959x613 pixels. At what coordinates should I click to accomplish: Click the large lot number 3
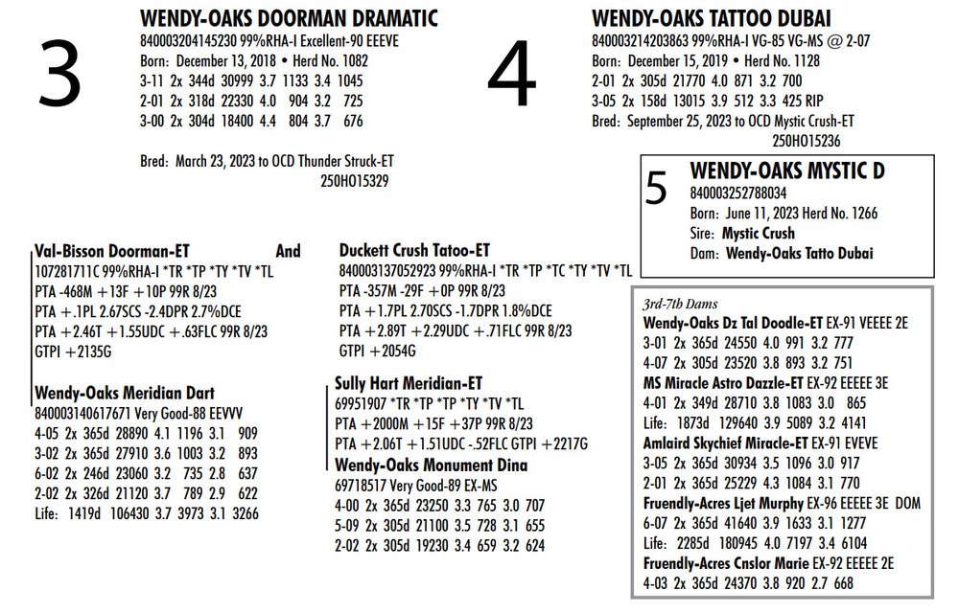(59, 77)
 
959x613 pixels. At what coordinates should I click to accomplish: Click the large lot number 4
(513, 77)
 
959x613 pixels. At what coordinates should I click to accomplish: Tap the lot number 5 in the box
(657, 191)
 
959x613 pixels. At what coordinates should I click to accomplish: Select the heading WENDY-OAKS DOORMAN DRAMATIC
(289, 18)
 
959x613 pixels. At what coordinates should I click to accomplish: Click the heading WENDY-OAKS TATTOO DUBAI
(711, 18)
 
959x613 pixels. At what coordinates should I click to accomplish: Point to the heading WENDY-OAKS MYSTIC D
(787, 171)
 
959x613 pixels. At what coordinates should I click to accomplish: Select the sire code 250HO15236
(806, 140)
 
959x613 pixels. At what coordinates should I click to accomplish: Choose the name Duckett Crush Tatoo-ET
(414, 250)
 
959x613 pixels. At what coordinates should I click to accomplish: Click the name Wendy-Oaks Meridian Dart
(125, 393)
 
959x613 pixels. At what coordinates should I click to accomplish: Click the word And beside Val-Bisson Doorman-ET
(288, 251)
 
